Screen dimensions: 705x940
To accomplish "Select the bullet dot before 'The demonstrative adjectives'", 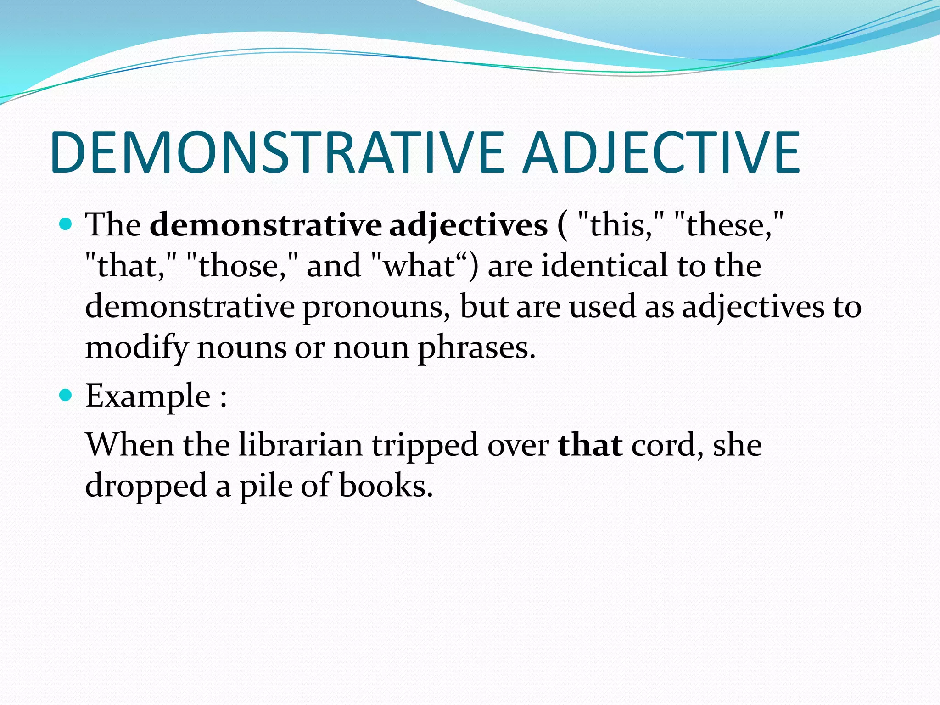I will pos(67,224).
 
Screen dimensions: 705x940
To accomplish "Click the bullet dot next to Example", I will pos(67,395).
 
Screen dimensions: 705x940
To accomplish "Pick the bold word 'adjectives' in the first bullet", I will pos(468,226).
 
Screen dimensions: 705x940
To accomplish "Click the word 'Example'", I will pos(148,396).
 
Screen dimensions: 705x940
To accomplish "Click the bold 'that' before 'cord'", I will pos(590,445).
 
